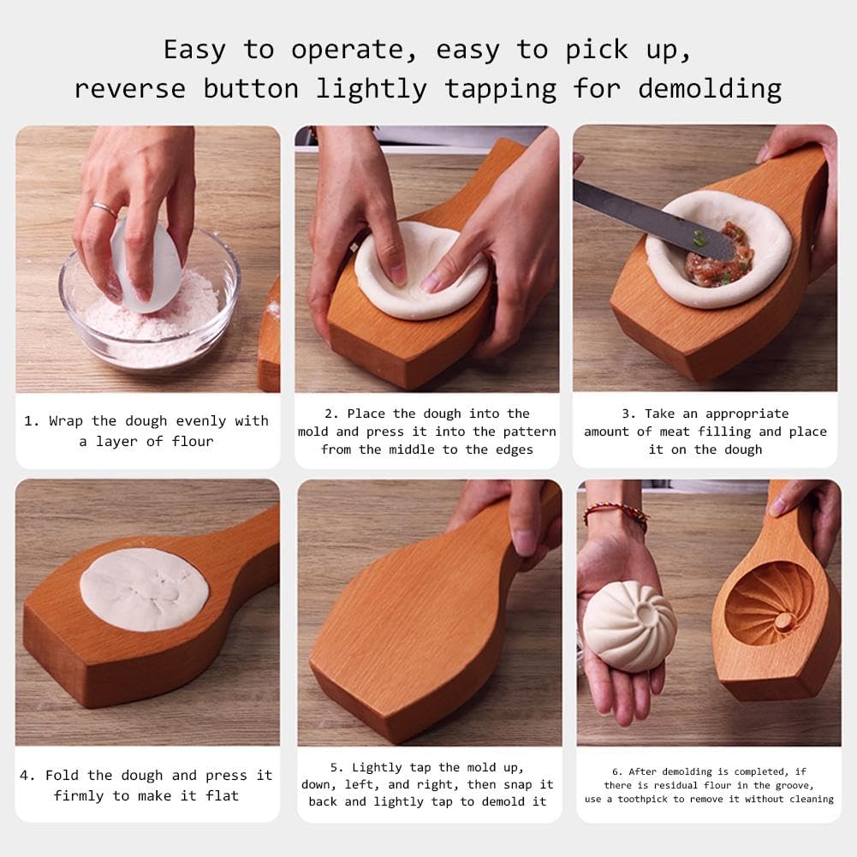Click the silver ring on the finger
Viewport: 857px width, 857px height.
104,209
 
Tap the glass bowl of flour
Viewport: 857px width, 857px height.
149,306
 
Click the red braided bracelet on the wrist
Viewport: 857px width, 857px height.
616,515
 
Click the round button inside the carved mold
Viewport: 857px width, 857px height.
783,621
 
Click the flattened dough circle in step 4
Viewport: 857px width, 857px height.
145,589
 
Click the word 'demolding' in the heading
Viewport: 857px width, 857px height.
710,90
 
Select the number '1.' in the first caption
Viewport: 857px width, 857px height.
31,421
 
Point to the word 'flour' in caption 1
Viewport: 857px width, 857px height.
193,441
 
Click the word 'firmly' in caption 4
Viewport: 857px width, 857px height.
79,796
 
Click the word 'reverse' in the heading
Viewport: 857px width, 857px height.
130,90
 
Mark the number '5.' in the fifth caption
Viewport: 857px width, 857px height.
337,767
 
